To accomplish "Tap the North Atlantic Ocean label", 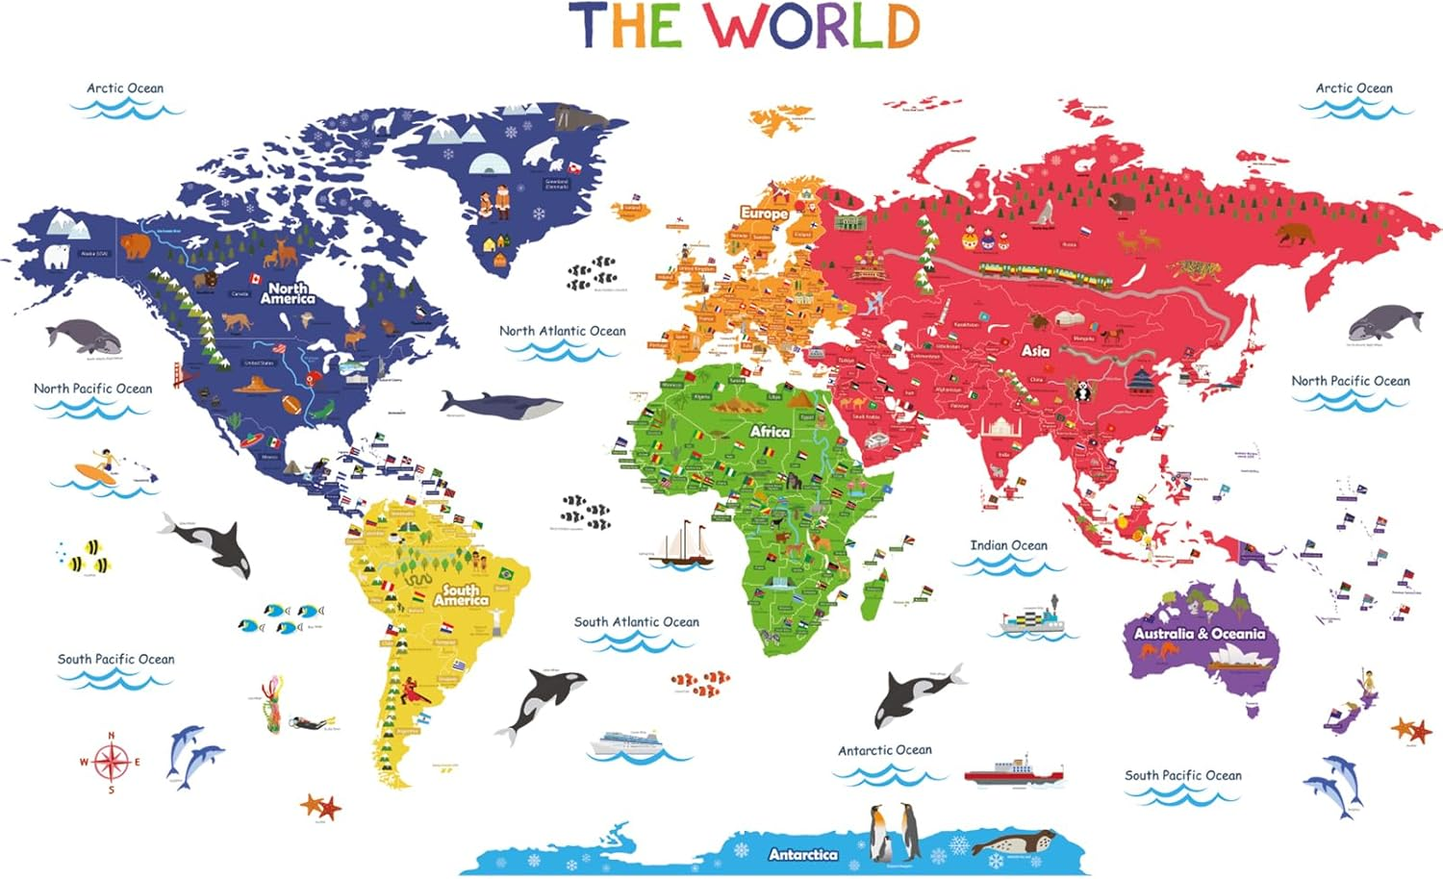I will (x=562, y=331).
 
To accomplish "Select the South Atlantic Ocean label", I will (x=636, y=622).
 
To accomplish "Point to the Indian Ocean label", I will (x=1008, y=545).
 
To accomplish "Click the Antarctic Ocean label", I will (x=884, y=750).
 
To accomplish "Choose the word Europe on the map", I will (x=764, y=213).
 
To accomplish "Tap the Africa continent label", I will (x=770, y=432).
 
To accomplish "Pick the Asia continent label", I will (x=1035, y=351).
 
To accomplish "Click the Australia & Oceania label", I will (x=1199, y=634).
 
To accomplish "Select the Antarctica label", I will (x=802, y=854).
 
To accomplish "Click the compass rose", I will (x=111, y=763).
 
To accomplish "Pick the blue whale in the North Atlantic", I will (x=500, y=405).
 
